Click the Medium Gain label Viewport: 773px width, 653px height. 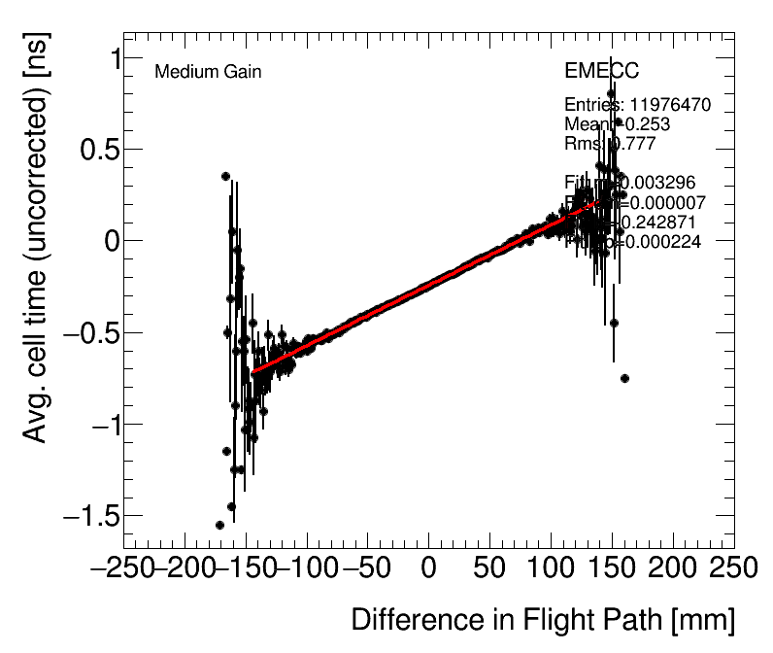[208, 72]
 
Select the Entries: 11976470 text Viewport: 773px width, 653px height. [637, 104]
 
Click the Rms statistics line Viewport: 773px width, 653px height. [610, 143]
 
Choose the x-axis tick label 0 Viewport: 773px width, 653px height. [428, 568]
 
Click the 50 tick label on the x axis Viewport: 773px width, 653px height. [489, 568]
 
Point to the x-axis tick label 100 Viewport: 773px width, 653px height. [551, 568]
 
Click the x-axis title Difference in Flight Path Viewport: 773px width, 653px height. [542, 621]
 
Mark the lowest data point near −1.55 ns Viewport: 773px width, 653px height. [219, 525]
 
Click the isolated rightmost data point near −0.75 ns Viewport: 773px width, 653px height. [624, 378]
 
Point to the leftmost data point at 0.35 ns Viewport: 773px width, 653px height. [225, 176]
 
